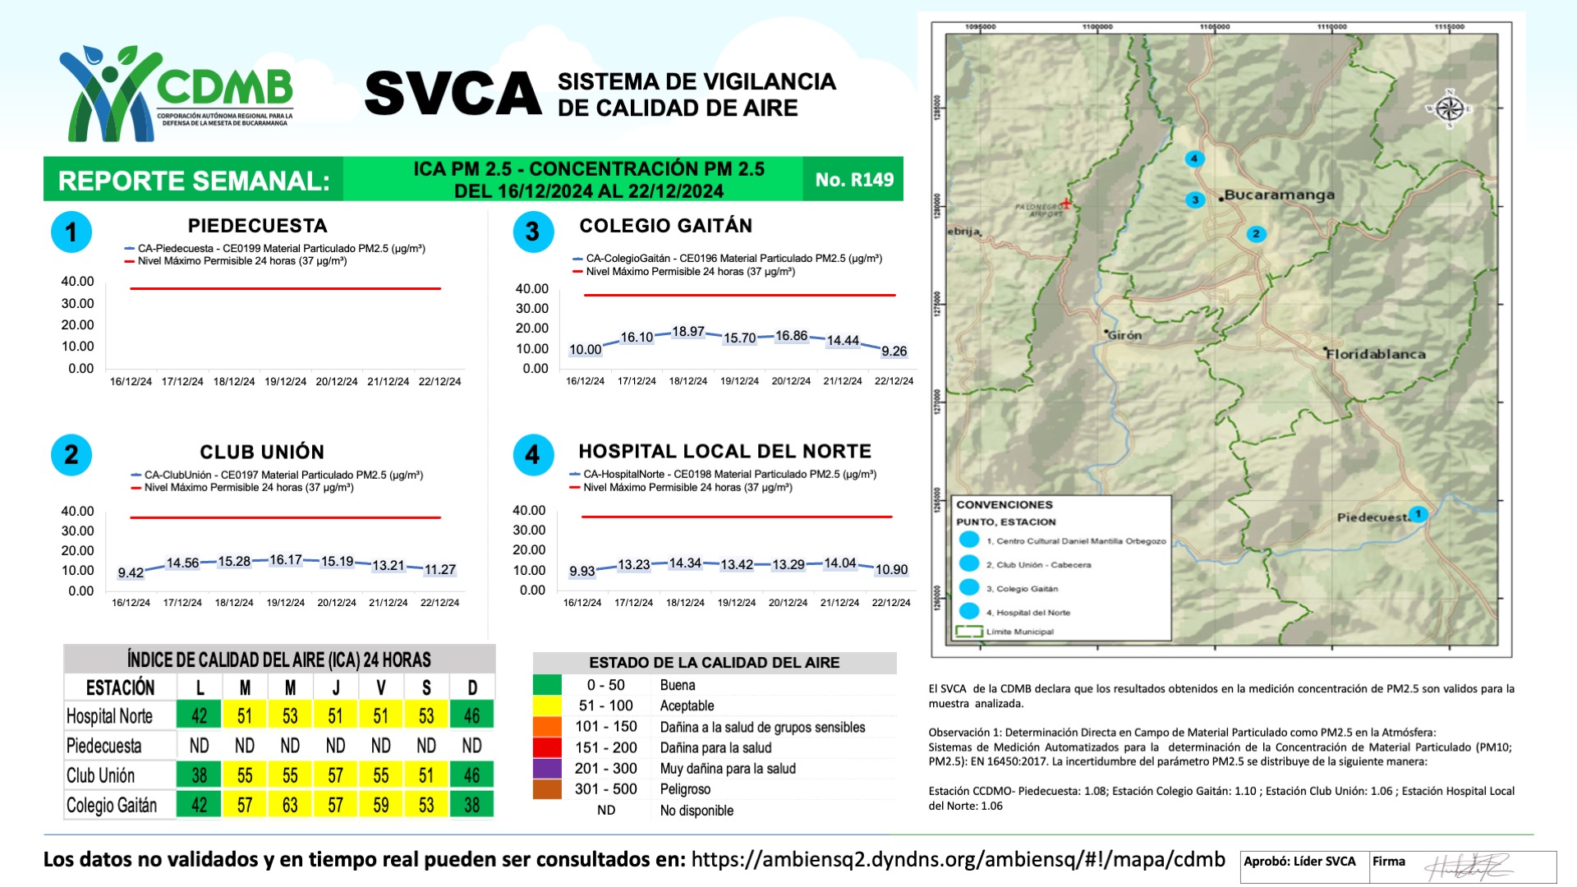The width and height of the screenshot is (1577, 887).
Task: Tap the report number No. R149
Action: point(854,180)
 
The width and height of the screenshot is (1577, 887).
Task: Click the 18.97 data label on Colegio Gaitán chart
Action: point(688,332)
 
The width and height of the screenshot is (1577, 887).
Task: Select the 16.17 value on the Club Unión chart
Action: point(286,560)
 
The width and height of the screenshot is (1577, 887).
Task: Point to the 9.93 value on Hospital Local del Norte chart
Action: point(582,571)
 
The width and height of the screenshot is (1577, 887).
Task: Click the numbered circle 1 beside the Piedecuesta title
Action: point(71,232)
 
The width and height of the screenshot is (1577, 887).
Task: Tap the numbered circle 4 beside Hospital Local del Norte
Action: point(533,455)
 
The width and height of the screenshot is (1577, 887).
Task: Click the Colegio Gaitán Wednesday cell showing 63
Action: point(290,805)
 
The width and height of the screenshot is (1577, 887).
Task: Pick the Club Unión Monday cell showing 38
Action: point(199,775)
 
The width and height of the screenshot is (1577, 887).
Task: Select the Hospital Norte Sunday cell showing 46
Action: point(471,715)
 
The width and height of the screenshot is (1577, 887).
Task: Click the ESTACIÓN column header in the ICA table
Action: point(120,687)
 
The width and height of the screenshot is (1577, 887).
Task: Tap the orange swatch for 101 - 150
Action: point(547,727)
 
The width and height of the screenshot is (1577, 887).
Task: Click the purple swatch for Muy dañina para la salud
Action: point(547,769)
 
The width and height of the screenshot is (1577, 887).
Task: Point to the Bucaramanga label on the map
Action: point(1279,195)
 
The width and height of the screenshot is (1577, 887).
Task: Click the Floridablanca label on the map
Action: point(1376,354)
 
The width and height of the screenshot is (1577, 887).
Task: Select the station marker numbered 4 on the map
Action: point(1194,159)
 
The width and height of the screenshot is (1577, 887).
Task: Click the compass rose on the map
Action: point(1450,108)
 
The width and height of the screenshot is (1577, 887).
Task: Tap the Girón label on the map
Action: point(1124,335)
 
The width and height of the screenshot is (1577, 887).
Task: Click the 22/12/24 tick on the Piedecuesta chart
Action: point(439,382)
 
